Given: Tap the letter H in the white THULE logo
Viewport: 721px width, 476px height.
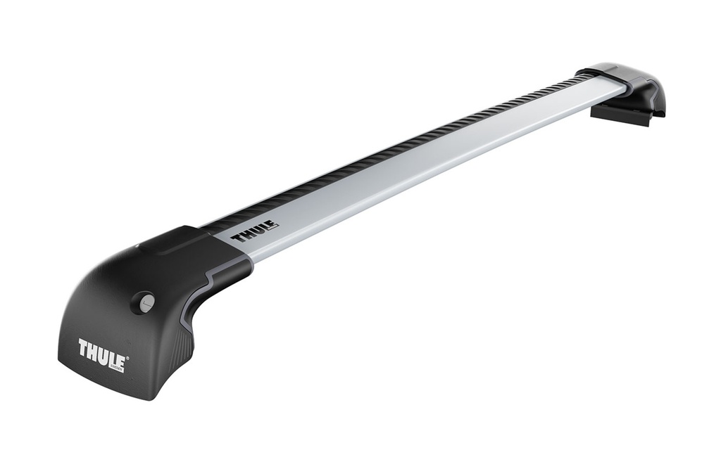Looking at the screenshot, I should [93, 352].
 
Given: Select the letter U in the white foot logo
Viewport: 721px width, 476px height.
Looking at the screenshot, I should [104, 356].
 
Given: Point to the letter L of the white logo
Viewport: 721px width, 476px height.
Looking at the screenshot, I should [112, 361].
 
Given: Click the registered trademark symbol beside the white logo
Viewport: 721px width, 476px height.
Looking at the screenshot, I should [127, 359].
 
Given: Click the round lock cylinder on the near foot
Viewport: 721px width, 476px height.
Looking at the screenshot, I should [146, 303].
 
